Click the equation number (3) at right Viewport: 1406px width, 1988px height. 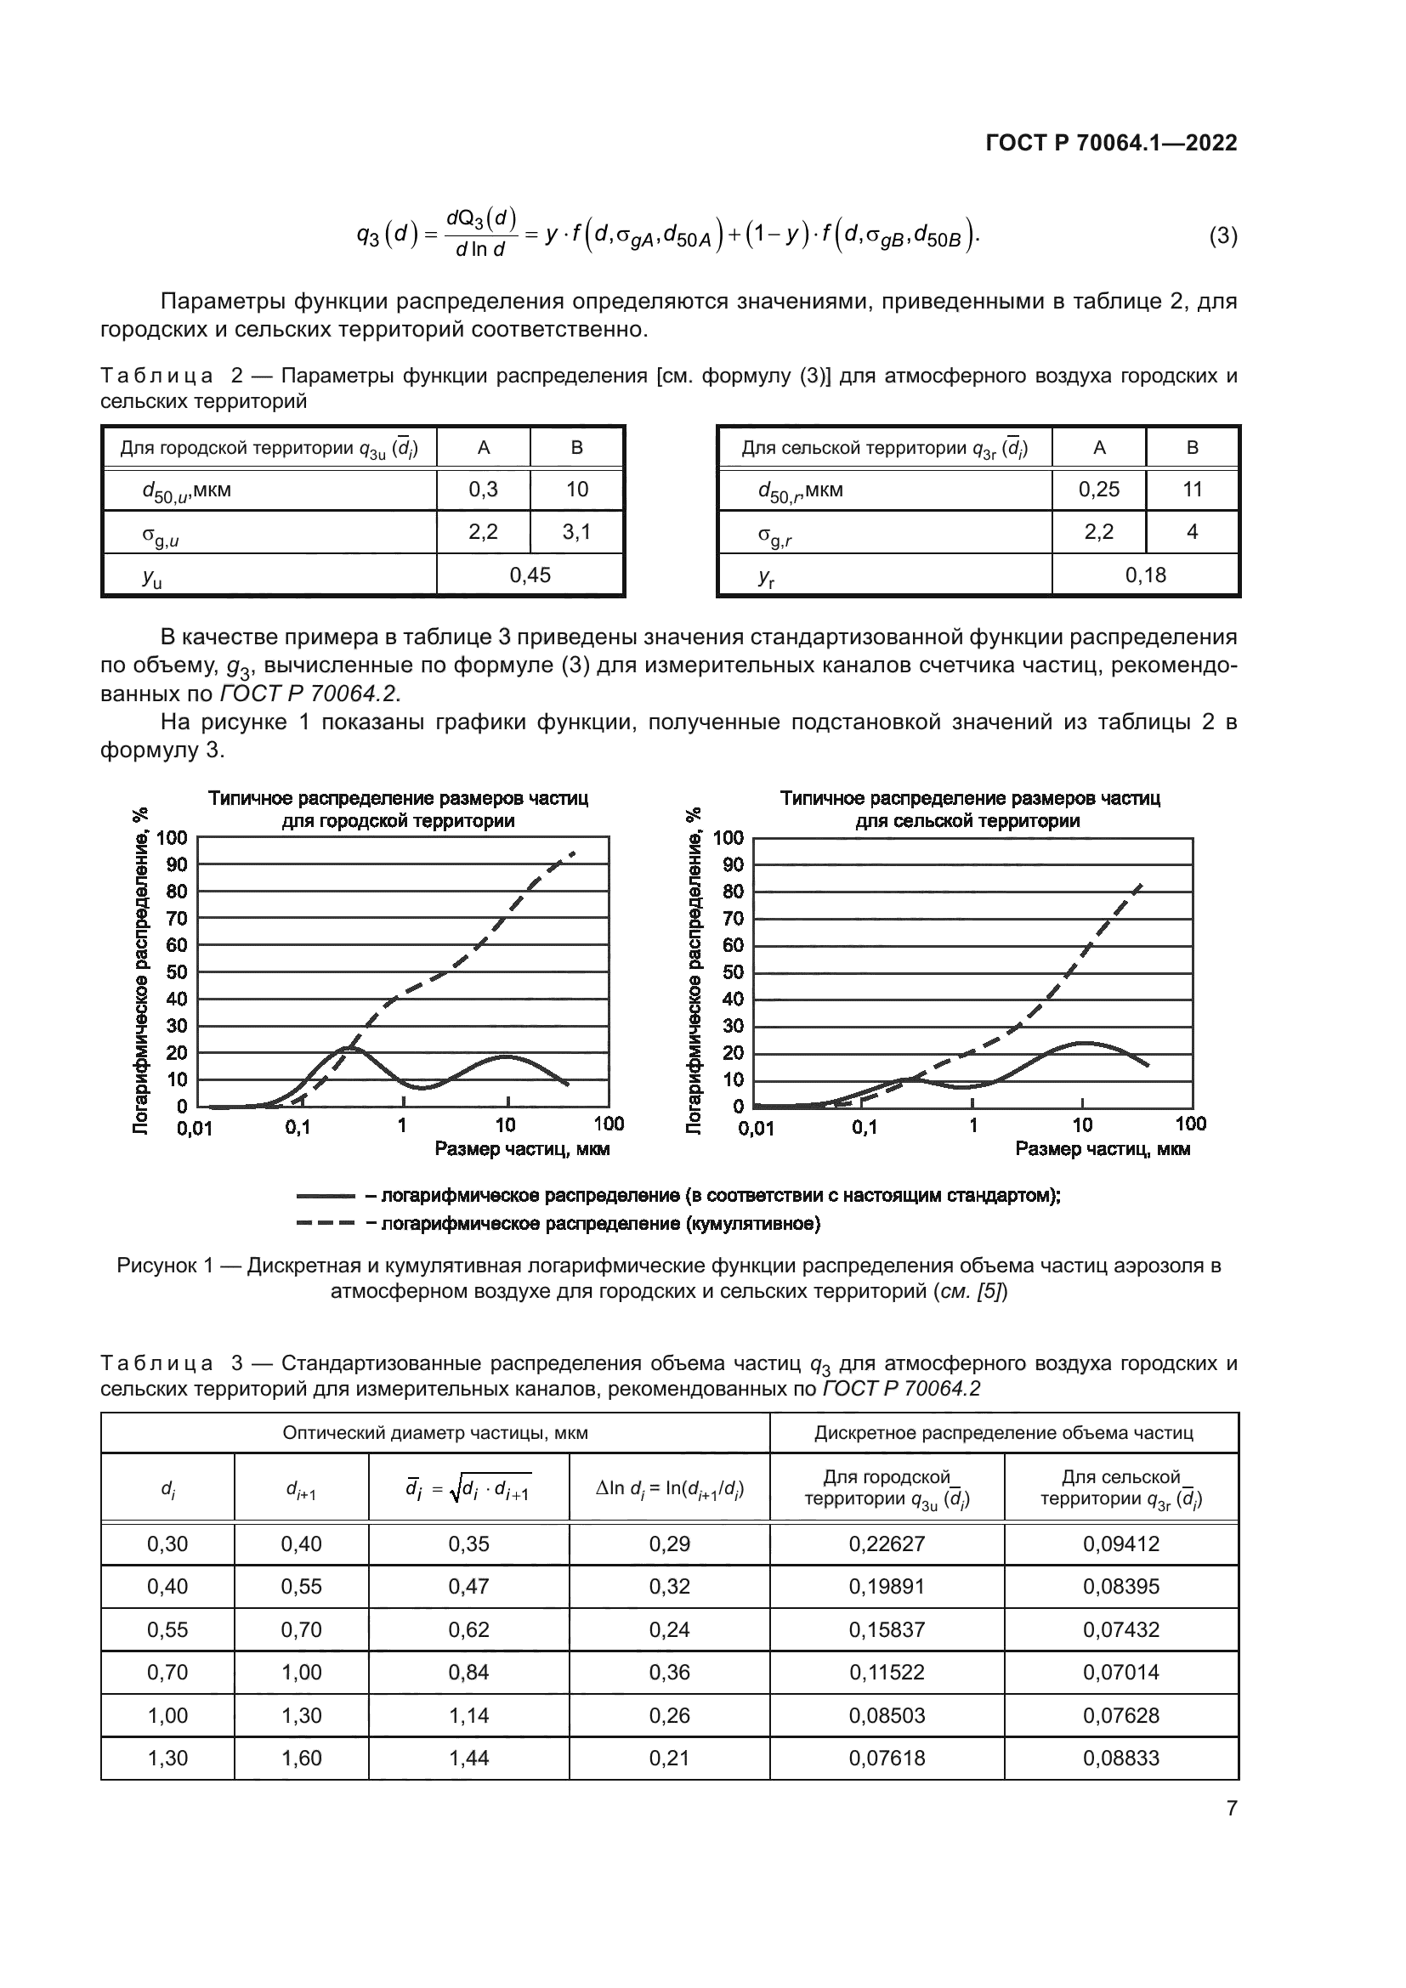pyautogui.click(x=1222, y=235)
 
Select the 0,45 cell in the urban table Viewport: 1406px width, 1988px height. pyautogui.click(x=530, y=575)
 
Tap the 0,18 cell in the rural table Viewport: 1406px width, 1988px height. pyautogui.click(x=1145, y=575)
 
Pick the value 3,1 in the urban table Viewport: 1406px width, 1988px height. pyautogui.click(x=576, y=531)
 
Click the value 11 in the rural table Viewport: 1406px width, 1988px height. pyautogui.click(x=1192, y=490)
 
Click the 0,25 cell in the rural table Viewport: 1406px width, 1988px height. pyautogui.click(x=1098, y=490)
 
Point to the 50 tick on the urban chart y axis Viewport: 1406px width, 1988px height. pyautogui.click(x=177, y=971)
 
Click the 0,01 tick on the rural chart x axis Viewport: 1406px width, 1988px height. pyautogui.click(x=756, y=1128)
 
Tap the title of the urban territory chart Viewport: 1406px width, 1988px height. pyautogui.click(x=398, y=808)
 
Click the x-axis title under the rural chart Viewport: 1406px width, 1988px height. pyautogui.click(x=1103, y=1149)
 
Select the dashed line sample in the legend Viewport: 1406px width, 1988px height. pyautogui.click(x=326, y=1223)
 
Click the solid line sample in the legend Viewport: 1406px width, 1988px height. pyautogui.click(x=326, y=1196)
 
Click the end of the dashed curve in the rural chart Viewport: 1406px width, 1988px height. pyautogui.click(x=1142, y=883)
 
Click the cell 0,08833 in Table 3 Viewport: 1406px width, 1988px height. pyautogui.click(x=1120, y=1759)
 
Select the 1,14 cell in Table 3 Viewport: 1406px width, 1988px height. pyautogui.click(x=468, y=1715)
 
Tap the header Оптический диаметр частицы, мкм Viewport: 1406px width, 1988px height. pyautogui.click(x=434, y=1433)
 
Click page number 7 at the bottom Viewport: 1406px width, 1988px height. pyautogui.click(x=1231, y=1809)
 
